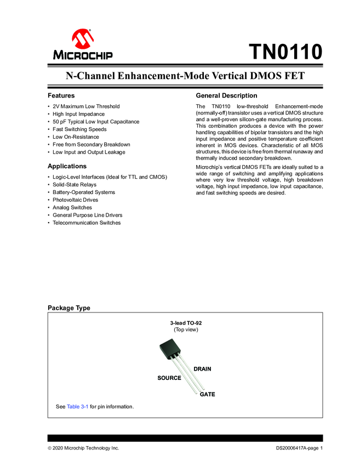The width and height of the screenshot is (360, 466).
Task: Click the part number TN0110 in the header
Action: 285,53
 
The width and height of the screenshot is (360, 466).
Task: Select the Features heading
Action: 61,95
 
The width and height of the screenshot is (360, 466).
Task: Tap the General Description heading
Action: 226,95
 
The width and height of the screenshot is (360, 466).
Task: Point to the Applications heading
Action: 67,166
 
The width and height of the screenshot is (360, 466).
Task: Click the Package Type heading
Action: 69,308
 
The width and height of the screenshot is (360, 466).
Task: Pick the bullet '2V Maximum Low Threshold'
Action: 86,106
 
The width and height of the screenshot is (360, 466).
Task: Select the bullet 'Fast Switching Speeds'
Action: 79,129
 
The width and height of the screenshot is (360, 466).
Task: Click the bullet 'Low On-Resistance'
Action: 76,137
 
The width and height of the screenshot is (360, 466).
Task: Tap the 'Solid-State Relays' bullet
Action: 75,185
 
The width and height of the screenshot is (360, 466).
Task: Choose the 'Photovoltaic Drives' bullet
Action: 76,200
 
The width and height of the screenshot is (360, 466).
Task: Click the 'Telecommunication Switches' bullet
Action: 87,223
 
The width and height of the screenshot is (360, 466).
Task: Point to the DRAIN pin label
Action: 202,369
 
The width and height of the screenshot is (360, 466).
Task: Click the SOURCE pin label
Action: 169,378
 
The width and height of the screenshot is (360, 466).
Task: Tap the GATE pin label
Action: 207,394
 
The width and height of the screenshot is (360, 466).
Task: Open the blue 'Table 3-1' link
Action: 77,407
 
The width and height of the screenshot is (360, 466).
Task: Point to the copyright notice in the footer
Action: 83,448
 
